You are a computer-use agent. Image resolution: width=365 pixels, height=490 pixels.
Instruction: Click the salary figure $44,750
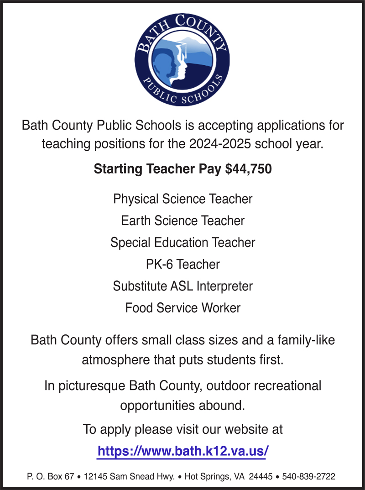[x=248, y=169]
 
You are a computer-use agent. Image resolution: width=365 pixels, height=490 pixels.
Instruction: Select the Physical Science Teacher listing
[x=182, y=200]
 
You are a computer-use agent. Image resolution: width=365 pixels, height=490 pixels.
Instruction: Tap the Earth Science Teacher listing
[x=182, y=221]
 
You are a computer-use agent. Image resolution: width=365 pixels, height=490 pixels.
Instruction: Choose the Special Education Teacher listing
[x=182, y=242]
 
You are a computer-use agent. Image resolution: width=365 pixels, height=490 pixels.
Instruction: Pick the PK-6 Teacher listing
[x=182, y=264]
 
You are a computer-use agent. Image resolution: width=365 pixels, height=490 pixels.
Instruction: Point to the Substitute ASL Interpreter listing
[x=182, y=286]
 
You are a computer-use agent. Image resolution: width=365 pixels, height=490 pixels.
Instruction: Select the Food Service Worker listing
[x=182, y=308]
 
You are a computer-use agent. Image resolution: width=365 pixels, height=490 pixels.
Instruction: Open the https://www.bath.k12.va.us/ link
[x=182, y=452]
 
